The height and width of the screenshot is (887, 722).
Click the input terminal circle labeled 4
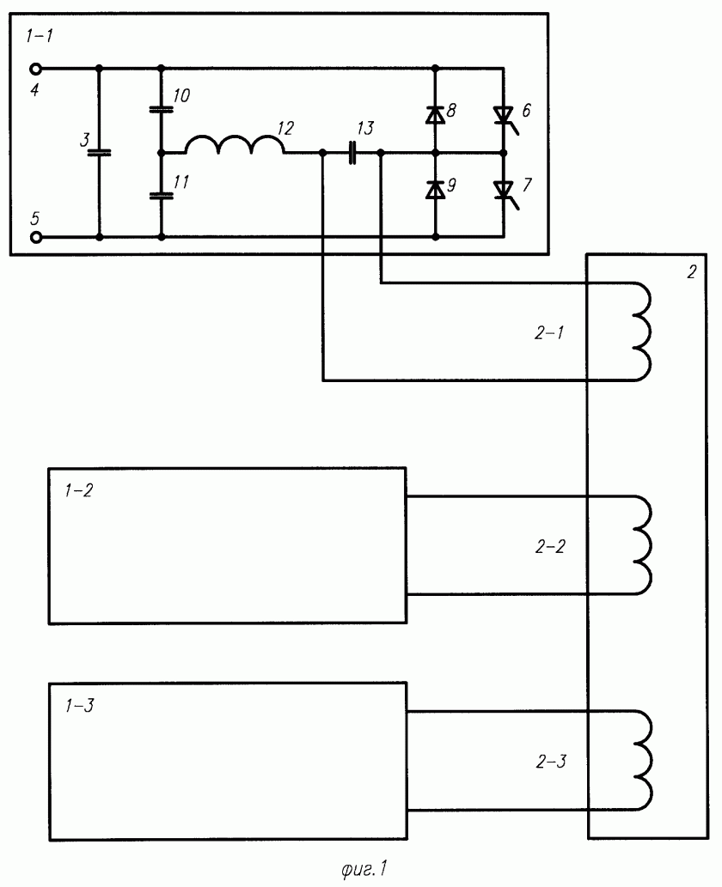pyautogui.click(x=36, y=69)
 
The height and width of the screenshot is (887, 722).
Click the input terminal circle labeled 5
pyautogui.click(x=36, y=237)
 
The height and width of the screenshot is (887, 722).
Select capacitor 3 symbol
pyautogui.click(x=100, y=152)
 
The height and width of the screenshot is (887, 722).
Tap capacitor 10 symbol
pyautogui.click(x=161, y=109)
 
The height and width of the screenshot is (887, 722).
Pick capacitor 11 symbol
pyautogui.click(x=161, y=195)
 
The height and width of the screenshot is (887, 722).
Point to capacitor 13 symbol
pyautogui.click(x=352, y=153)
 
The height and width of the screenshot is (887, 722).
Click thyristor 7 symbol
pyautogui.click(x=504, y=191)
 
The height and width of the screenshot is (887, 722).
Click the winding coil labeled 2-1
pyautogui.click(x=641, y=331)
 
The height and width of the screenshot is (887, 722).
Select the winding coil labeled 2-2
pyautogui.click(x=641, y=545)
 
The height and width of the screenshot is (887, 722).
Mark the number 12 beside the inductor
pyautogui.click(x=286, y=128)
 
